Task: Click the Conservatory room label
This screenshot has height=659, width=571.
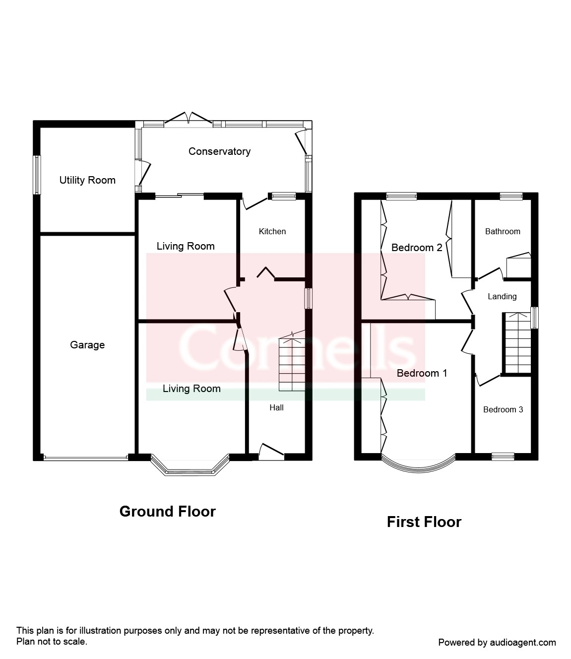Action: pyautogui.click(x=219, y=151)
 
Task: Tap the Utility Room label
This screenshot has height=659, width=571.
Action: pyautogui.click(x=87, y=180)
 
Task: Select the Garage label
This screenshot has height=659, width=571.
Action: pyautogui.click(x=87, y=345)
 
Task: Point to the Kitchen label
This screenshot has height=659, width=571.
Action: pyautogui.click(x=272, y=231)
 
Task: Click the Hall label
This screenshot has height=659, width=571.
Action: pyautogui.click(x=276, y=407)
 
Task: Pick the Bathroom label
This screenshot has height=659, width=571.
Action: pyautogui.click(x=503, y=231)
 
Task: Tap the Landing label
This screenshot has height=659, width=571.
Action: pyautogui.click(x=502, y=297)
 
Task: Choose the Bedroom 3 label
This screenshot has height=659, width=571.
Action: pyautogui.click(x=503, y=410)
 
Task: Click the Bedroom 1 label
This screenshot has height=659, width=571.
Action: pyautogui.click(x=422, y=373)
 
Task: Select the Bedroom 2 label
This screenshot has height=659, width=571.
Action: pyautogui.click(x=417, y=248)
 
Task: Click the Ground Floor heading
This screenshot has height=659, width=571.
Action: pyautogui.click(x=168, y=512)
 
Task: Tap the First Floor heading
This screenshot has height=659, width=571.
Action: pyautogui.click(x=424, y=522)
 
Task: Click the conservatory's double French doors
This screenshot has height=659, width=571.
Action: pyautogui.click(x=189, y=119)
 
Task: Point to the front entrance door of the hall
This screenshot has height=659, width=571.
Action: pyautogui.click(x=271, y=452)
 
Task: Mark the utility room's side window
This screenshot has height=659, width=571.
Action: pyautogui.click(x=38, y=175)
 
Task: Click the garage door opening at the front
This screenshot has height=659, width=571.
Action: pyautogui.click(x=86, y=459)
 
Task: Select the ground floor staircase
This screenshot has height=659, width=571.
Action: pyautogui.click(x=292, y=362)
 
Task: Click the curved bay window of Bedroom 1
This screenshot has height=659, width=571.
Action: pyautogui.click(x=418, y=466)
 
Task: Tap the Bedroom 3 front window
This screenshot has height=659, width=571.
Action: pyautogui.click(x=503, y=457)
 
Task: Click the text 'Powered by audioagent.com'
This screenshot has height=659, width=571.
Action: pyautogui.click(x=497, y=643)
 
